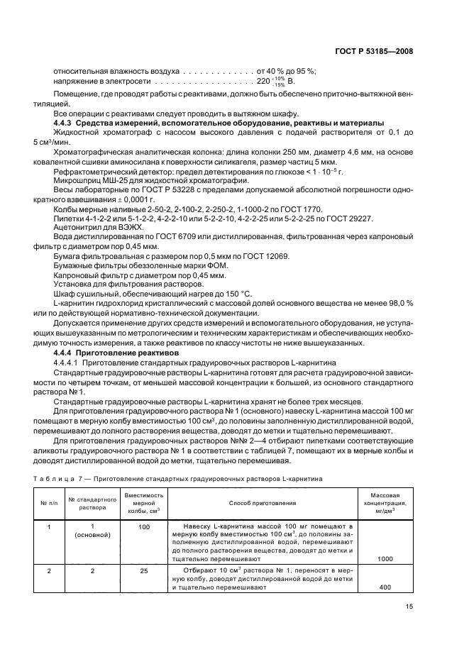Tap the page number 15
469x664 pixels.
click(409, 606)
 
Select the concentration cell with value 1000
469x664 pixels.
click(386, 559)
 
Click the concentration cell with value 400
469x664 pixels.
click(386, 587)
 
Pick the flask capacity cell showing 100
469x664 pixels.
click(144, 527)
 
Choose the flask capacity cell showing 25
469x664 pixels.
click(144, 570)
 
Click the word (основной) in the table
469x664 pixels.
click(92, 535)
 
